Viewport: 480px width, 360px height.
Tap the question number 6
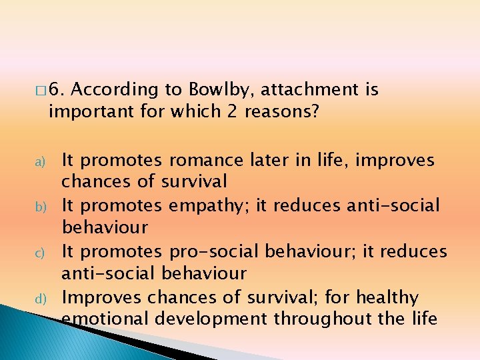click(57, 89)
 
